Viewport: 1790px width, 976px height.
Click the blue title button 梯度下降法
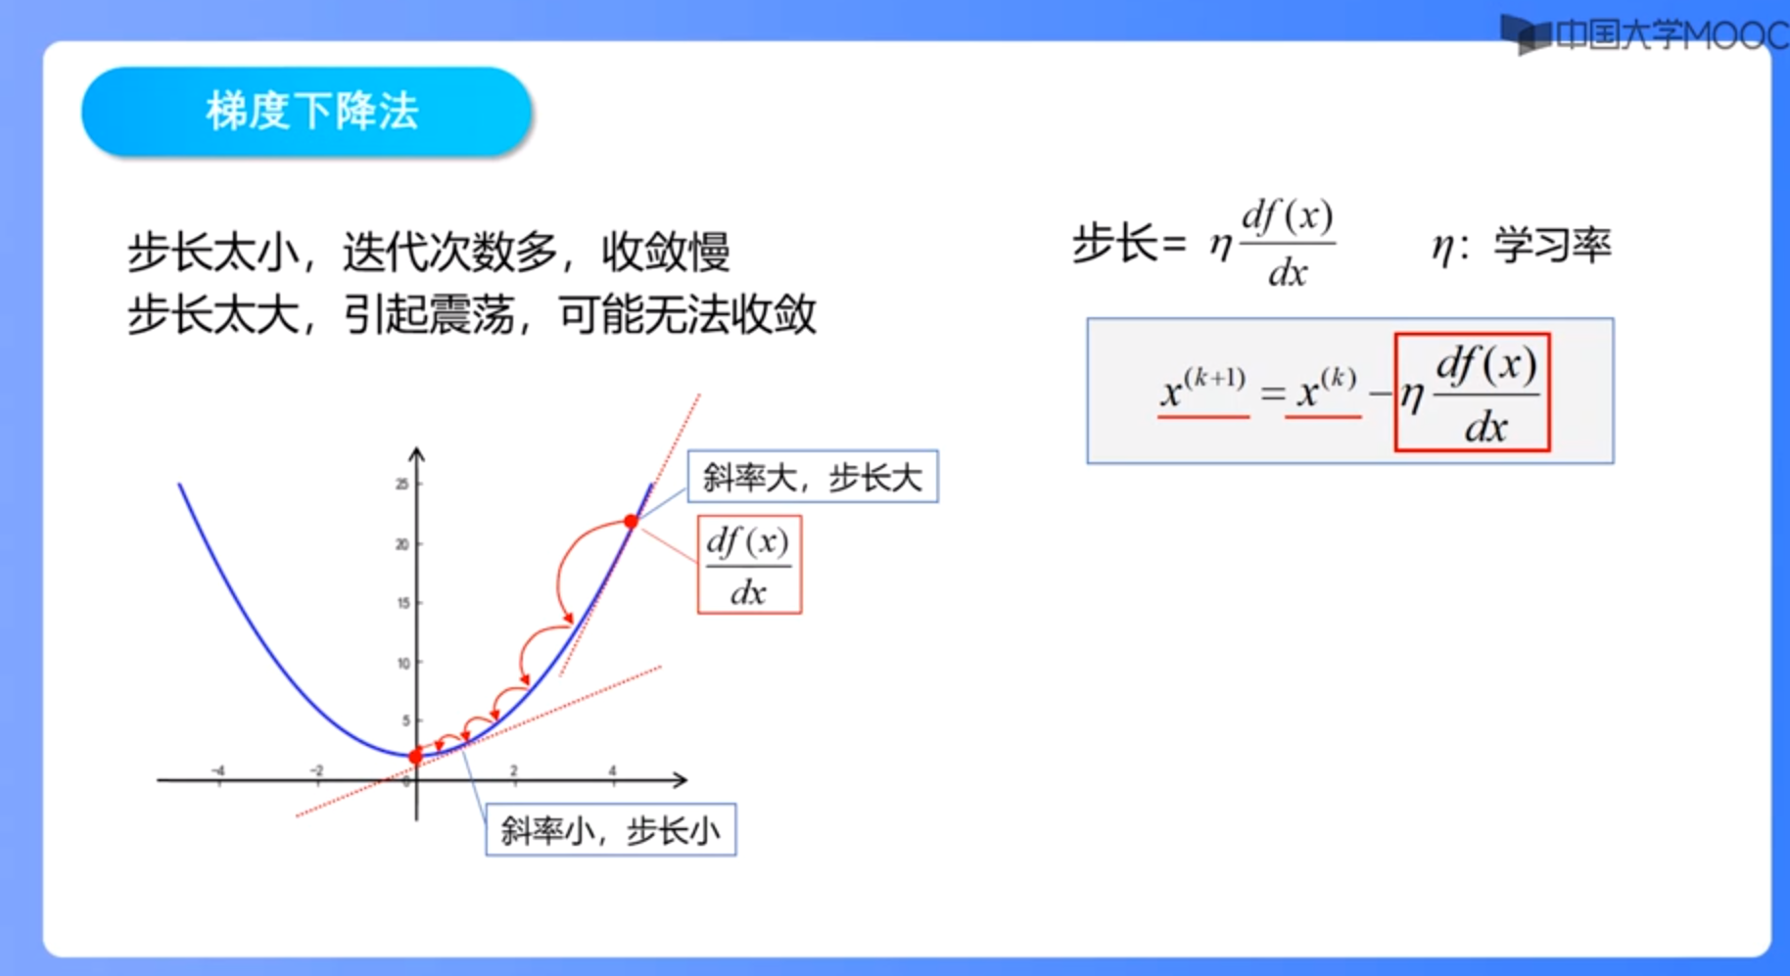pyautogui.click(x=306, y=111)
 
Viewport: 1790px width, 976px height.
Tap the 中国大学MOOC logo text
pyautogui.click(x=1671, y=35)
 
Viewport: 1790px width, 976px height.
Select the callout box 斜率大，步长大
pyautogui.click(x=813, y=477)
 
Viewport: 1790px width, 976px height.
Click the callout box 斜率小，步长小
pyautogui.click(x=611, y=830)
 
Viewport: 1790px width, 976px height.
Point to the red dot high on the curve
pyautogui.click(x=631, y=522)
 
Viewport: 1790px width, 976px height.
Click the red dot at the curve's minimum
pyautogui.click(x=415, y=756)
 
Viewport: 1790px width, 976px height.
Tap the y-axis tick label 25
pyautogui.click(x=401, y=484)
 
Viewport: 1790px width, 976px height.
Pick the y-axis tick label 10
pyautogui.click(x=402, y=663)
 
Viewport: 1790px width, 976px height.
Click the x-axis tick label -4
pyautogui.click(x=218, y=770)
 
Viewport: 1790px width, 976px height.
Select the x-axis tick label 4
pyautogui.click(x=612, y=770)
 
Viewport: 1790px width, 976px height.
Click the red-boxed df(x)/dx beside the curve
pyautogui.click(x=749, y=565)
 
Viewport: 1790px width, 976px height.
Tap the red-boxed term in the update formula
pyautogui.click(x=1472, y=393)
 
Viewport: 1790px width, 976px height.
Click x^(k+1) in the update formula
pyautogui.click(x=1202, y=388)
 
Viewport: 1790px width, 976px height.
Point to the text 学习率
pyautogui.click(x=1552, y=245)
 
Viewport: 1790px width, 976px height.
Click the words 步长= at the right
pyautogui.click(x=1129, y=243)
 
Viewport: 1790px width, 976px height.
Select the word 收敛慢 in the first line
pyautogui.click(x=666, y=252)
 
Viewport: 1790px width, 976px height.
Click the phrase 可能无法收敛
pyautogui.click(x=687, y=315)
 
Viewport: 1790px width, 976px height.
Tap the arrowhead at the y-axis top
pyautogui.click(x=416, y=454)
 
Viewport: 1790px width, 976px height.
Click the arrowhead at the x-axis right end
pyautogui.click(x=680, y=780)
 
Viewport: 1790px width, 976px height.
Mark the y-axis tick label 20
pyautogui.click(x=401, y=544)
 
